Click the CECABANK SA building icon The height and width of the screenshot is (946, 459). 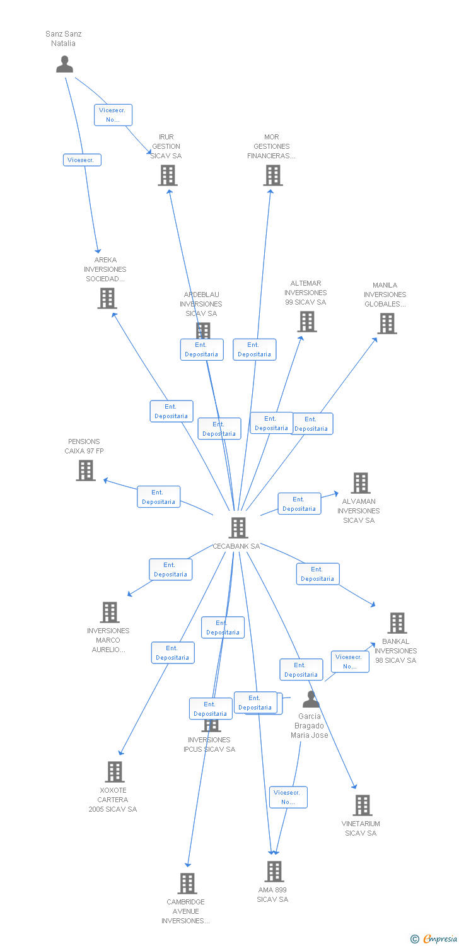238,527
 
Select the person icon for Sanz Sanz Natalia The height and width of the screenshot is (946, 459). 64,64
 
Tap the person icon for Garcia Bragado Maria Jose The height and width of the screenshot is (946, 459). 311,699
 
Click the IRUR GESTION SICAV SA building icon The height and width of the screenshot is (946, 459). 167,175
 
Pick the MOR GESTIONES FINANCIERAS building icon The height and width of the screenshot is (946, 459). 272,175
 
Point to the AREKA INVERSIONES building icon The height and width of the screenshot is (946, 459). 107,298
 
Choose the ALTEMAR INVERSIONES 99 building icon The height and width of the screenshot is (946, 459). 306,322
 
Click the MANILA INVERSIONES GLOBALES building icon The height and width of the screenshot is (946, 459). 386,324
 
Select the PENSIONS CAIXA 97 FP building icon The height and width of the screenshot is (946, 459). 86,470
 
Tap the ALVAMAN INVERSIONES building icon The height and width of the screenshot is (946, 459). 360,483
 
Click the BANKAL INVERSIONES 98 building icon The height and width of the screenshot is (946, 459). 397,623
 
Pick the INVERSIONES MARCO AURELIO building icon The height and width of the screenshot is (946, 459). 110,612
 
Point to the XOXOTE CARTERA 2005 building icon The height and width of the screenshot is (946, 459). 114,772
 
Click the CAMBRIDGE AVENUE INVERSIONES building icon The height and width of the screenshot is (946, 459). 187,884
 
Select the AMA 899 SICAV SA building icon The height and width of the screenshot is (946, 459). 274,872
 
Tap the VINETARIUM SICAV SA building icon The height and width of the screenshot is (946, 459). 362,805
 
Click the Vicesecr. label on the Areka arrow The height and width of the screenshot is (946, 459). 82,160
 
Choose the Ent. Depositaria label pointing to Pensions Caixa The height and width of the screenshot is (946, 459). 158,497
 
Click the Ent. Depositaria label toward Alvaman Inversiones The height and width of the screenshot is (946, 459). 299,504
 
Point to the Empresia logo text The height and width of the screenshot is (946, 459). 439,939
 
